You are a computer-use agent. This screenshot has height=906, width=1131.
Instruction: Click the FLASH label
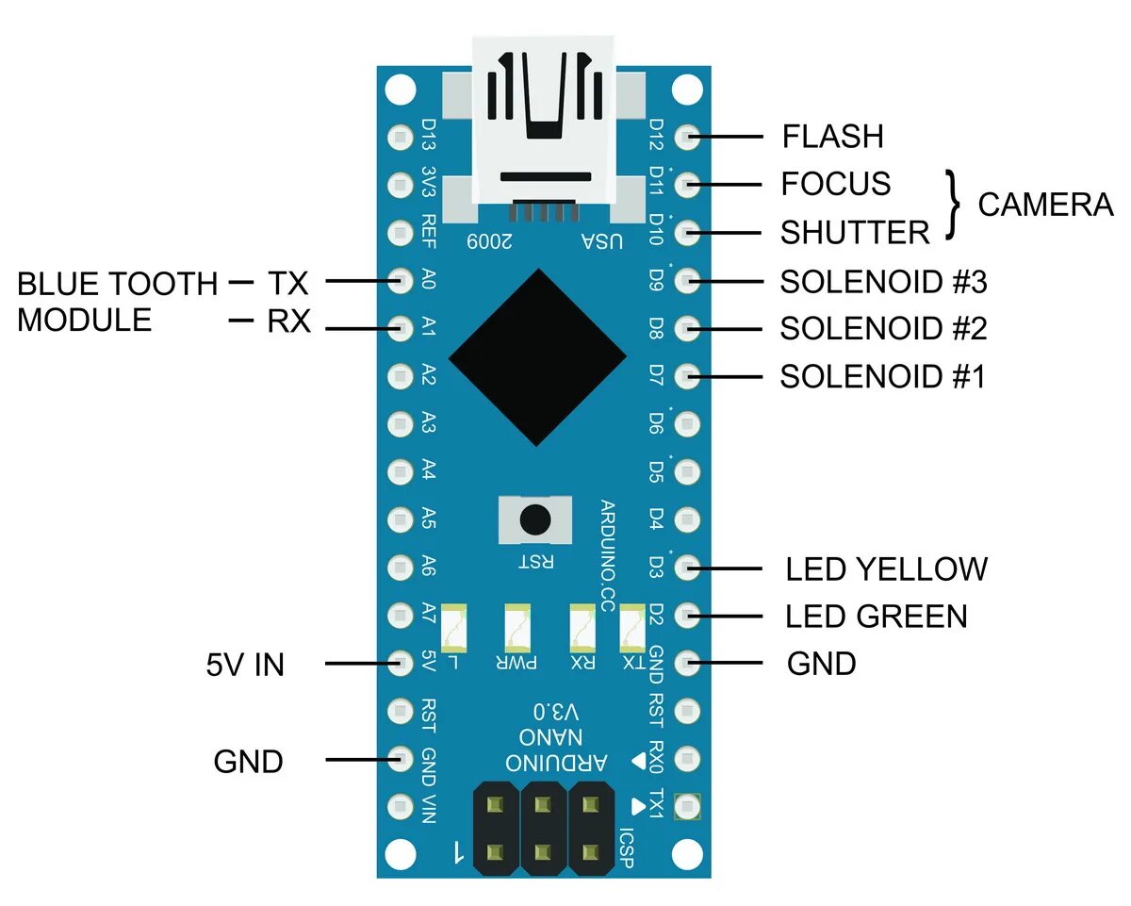pyautogui.click(x=832, y=137)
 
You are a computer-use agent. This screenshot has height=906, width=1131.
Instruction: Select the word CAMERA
pyautogui.click(x=1045, y=205)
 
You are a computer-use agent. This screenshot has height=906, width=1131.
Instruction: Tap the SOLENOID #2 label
pyautogui.click(x=883, y=329)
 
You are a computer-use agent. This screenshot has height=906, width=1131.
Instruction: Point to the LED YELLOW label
pyautogui.click(x=886, y=569)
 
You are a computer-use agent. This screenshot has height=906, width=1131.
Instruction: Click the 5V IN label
pyautogui.click(x=245, y=666)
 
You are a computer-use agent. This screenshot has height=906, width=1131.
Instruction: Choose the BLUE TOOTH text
pyautogui.click(x=117, y=283)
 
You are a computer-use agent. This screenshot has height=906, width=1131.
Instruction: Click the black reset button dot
pyautogui.click(x=535, y=519)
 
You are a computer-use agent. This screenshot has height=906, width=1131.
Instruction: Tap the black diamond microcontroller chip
pyautogui.click(x=537, y=357)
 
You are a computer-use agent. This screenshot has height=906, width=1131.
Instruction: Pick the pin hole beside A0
pyautogui.click(x=401, y=280)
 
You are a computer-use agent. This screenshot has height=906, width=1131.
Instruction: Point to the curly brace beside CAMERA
pyautogui.click(x=956, y=205)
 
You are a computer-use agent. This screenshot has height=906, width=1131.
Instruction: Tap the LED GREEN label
pyautogui.click(x=877, y=617)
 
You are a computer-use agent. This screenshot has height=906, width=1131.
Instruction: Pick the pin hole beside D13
pyautogui.click(x=401, y=137)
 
